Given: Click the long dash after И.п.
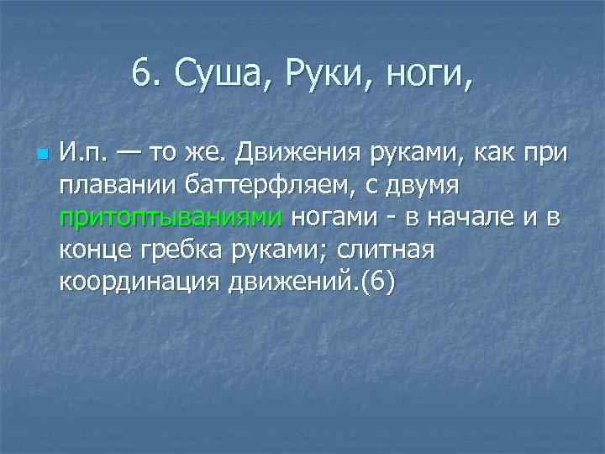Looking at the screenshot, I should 130,155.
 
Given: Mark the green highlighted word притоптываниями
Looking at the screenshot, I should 171,218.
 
